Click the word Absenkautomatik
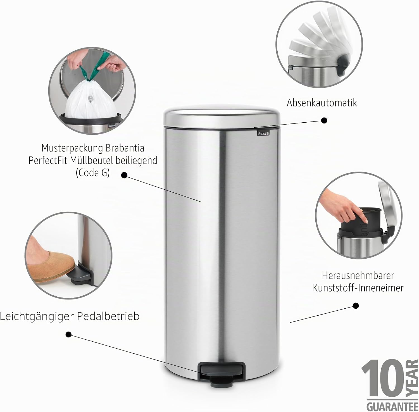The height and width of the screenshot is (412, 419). pyautogui.click(x=322, y=103)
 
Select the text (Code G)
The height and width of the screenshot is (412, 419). pyautogui.click(x=93, y=173)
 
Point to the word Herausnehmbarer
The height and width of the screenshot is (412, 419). pyautogui.click(x=358, y=275)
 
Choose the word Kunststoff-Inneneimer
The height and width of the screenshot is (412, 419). pyautogui.click(x=358, y=288)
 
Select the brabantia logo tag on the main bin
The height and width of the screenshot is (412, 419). pyautogui.click(x=263, y=134)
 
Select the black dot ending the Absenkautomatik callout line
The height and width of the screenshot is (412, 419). pyautogui.click(x=324, y=120)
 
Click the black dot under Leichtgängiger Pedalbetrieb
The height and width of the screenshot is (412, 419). pyautogui.click(x=68, y=334)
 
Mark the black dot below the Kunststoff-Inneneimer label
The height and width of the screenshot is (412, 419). pyautogui.click(x=356, y=306)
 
